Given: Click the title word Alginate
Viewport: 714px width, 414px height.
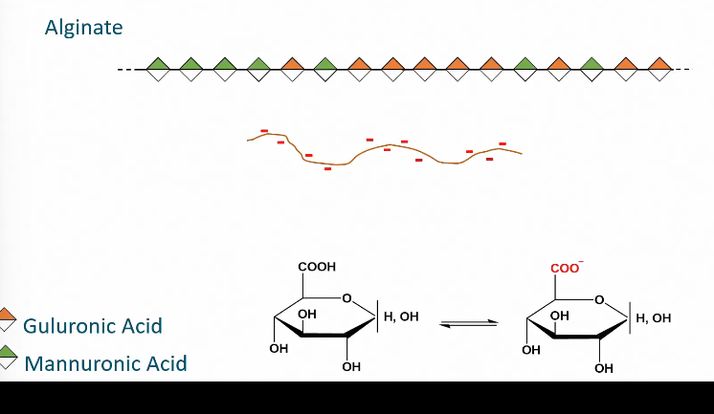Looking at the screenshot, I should [x=83, y=27].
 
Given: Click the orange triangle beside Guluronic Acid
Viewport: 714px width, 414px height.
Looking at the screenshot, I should [x=8, y=315].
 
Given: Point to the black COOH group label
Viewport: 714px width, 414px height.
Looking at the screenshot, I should [x=318, y=268].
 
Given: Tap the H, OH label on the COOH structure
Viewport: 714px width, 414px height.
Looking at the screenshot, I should [x=401, y=316].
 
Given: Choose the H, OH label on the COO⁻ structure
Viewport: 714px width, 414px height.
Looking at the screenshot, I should [x=654, y=317].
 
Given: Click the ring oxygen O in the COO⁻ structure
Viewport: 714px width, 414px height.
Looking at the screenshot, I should [x=599, y=299].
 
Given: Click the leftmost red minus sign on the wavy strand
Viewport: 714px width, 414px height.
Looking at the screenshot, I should [x=263, y=131].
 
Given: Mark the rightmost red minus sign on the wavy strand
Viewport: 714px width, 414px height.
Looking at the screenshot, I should [x=502, y=144].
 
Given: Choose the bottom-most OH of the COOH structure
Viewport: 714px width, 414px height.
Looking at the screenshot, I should [x=351, y=367].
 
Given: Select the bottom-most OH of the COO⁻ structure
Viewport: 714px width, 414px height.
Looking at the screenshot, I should [x=603, y=368].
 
